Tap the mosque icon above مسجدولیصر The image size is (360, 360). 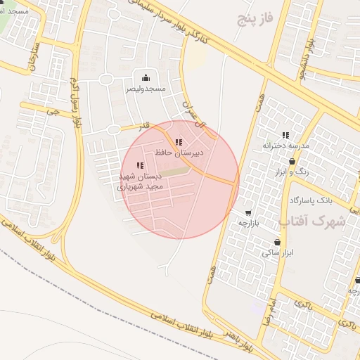(146, 77)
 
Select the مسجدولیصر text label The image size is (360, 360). (146, 89)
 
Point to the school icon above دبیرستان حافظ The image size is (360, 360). (178, 142)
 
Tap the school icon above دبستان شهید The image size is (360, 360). (139, 165)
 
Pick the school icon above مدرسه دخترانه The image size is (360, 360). (285, 135)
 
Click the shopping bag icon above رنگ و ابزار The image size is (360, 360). (292, 161)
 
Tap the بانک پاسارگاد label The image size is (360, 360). (309, 200)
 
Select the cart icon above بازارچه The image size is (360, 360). (248, 212)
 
